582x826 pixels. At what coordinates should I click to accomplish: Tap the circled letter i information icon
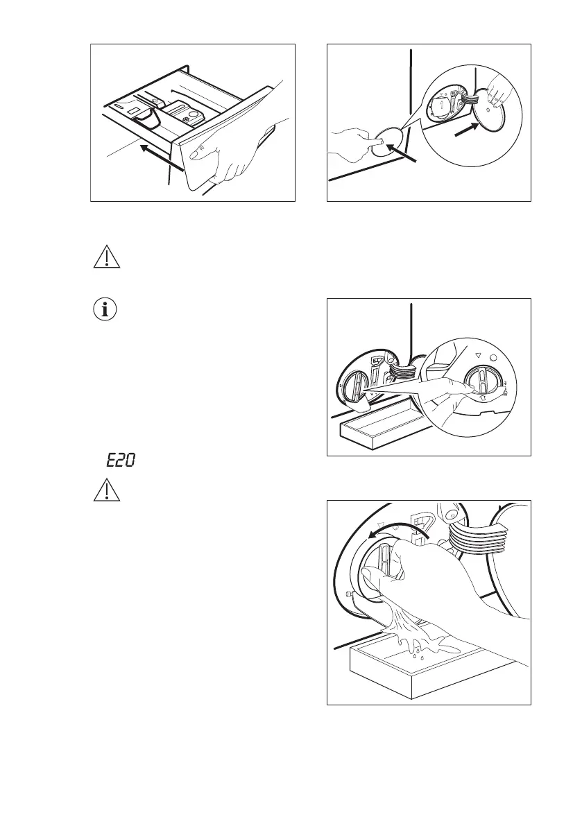click(x=105, y=310)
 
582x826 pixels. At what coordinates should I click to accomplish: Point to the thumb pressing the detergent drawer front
click(x=198, y=148)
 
